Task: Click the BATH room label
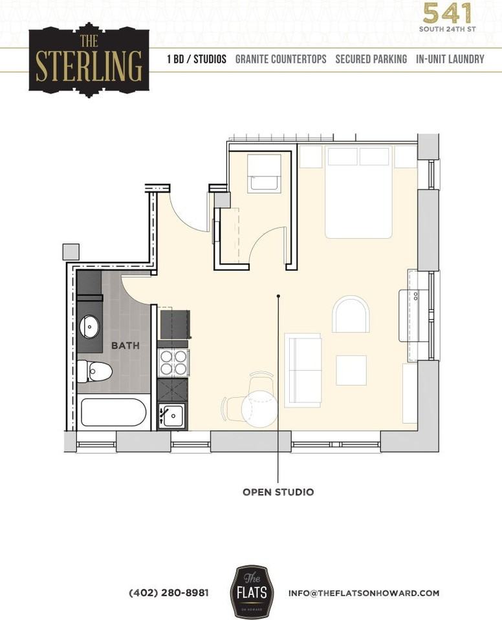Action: tap(125, 346)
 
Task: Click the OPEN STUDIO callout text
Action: tap(278, 492)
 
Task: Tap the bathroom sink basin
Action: tap(90, 327)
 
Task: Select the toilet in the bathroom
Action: tap(94, 371)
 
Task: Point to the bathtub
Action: tap(113, 412)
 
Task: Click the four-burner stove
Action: tap(173, 363)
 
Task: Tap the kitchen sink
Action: tap(172, 415)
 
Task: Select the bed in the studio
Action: tap(358, 192)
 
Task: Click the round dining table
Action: tap(259, 409)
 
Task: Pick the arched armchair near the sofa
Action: tap(351, 315)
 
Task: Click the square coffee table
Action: tap(351, 370)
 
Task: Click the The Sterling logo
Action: tap(89, 59)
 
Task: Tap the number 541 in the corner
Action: tap(448, 13)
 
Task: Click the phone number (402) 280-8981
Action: tap(169, 593)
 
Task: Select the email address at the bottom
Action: tap(364, 593)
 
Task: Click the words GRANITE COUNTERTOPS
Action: tap(281, 59)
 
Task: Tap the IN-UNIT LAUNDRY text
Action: tap(450, 59)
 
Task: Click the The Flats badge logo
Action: tap(252, 592)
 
